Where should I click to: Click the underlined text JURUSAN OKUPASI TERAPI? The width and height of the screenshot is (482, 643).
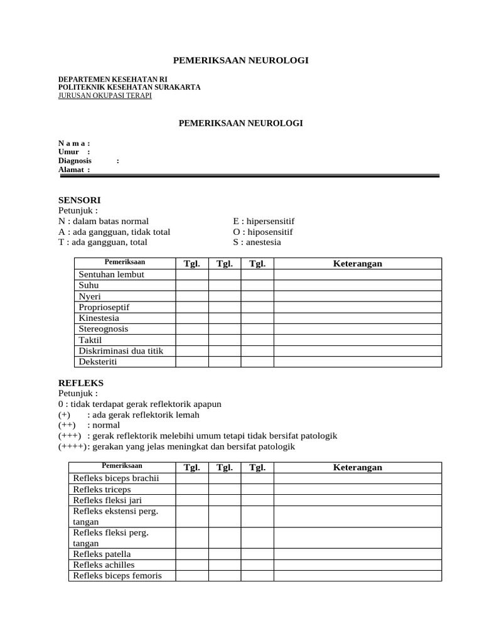pos(105,96)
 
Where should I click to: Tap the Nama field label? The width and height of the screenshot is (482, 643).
pos(74,143)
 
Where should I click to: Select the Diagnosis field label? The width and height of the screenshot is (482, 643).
pos(75,161)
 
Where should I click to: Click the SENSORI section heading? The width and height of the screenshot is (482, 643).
pos(79,200)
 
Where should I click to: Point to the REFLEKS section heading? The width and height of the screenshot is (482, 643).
pos(81,382)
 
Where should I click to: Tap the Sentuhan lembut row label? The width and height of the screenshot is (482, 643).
pos(112,274)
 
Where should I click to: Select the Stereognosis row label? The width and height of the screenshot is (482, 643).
pos(104,328)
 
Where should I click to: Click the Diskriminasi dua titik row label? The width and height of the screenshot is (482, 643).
pos(121,350)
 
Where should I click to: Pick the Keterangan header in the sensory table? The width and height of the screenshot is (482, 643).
pos(357,264)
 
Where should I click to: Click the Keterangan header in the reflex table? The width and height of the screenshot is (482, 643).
pos(357,468)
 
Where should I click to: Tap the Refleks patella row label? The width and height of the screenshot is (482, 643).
pos(102,554)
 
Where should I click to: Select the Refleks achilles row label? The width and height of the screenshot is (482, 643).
pos(104,565)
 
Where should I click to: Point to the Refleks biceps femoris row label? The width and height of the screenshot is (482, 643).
pos(117,576)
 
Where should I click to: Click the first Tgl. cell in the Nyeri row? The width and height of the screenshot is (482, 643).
pos(191,296)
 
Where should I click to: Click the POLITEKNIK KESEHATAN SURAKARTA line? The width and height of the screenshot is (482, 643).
pos(129,87)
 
